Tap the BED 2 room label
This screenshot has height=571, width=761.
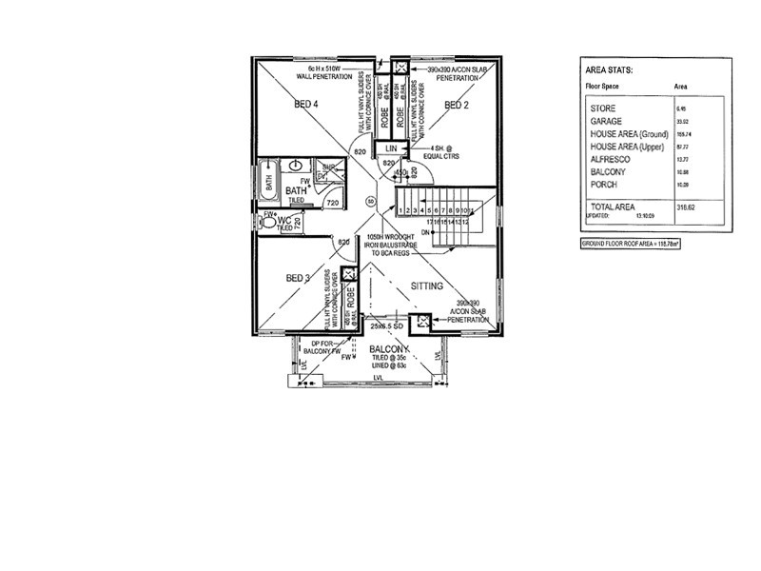point(458,105)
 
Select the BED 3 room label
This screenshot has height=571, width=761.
point(298,278)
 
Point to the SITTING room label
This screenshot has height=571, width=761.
point(428,285)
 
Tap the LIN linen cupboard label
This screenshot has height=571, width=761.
point(391,149)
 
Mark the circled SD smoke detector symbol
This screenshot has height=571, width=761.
point(370,201)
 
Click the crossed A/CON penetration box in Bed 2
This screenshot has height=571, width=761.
point(400,69)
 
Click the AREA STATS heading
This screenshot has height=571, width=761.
point(613,70)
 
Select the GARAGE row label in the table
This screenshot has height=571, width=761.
point(607,122)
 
